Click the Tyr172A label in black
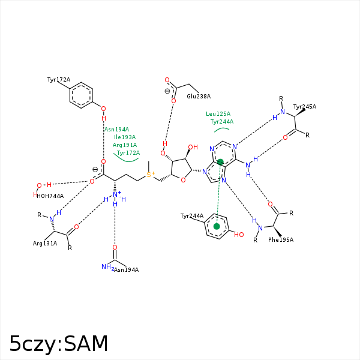(59, 79)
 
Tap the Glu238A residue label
(199, 96)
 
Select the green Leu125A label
(218, 113)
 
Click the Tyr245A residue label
(305, 106)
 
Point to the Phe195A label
(281, 239)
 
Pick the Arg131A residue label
(45, 243)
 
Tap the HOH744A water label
(50, 196)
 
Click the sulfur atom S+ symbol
(150, 175)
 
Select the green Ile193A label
(125, 137)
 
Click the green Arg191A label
(125, 145)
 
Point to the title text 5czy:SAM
(59, 344)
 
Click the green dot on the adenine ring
(220, 162)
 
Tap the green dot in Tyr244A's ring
(217, 226)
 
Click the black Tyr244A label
(192, 215)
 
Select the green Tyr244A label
(222, 121)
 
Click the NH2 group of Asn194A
(107, 267)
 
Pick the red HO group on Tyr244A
(239, 235)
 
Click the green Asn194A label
(116, 129)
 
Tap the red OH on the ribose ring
(193, 147)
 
